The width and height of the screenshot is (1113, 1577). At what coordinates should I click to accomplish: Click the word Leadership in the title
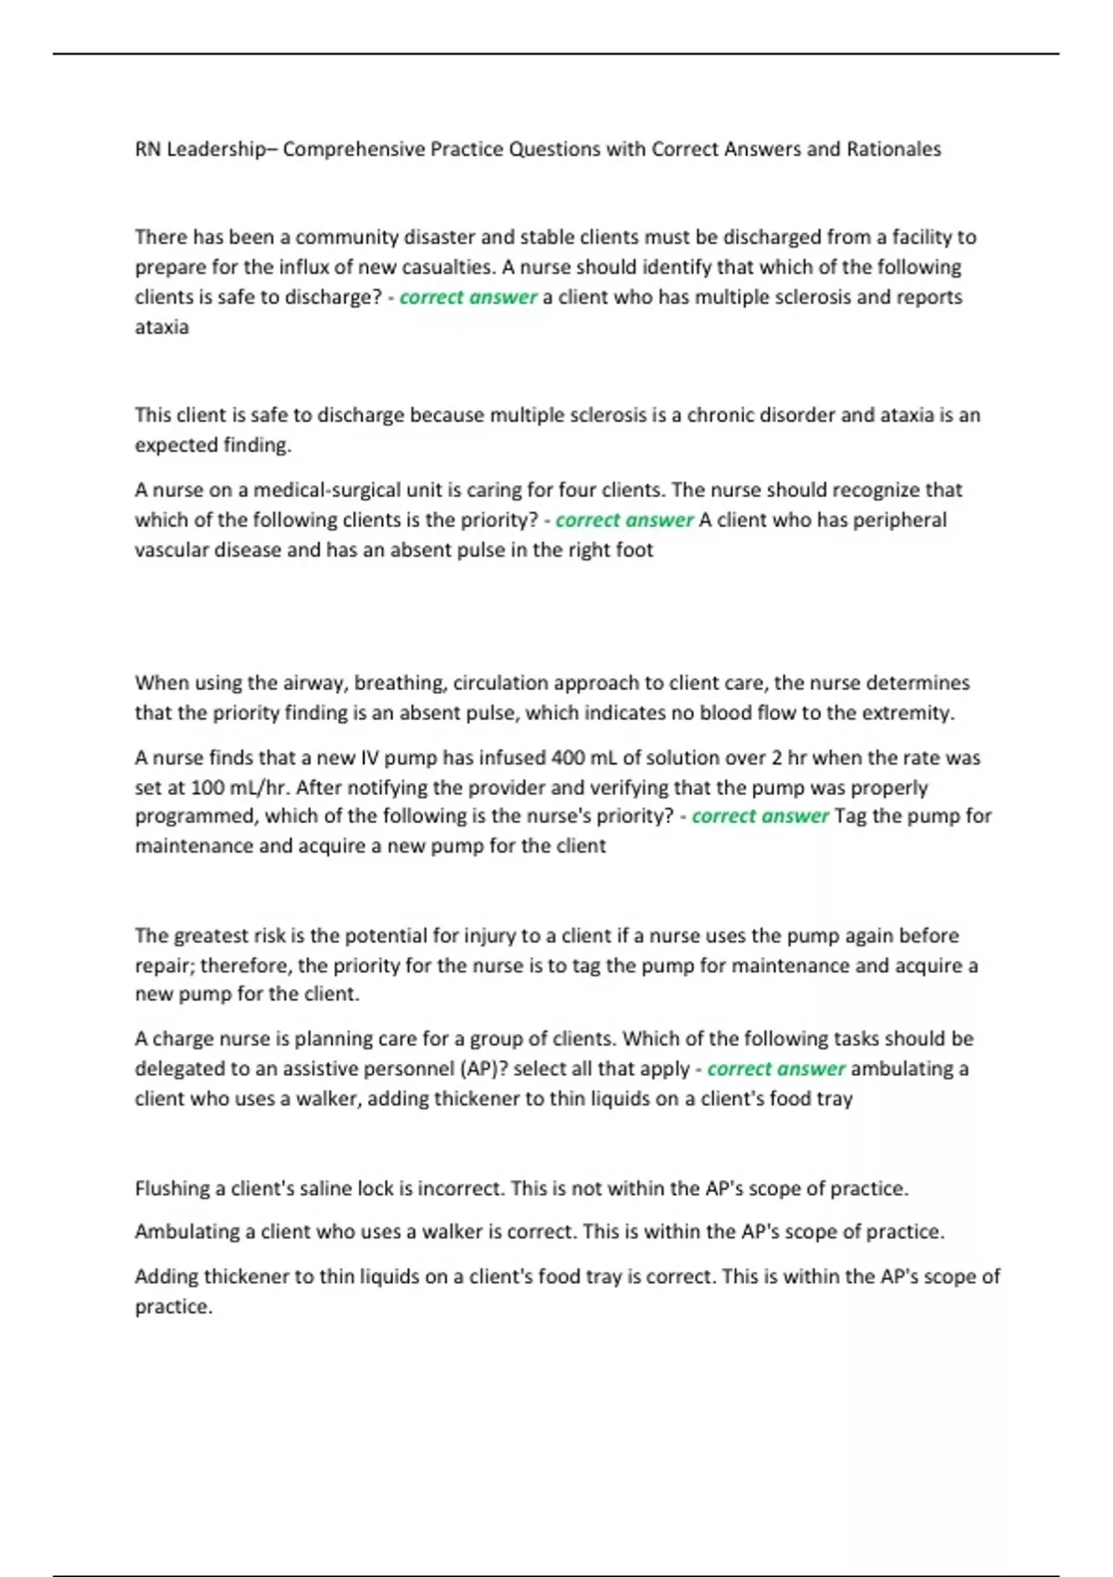215,149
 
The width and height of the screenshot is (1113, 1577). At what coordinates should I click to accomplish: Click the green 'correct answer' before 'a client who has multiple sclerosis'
467,297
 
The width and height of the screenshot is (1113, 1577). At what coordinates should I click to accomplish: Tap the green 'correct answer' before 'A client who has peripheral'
624,519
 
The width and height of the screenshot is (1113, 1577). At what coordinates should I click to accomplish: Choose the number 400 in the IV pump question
568,757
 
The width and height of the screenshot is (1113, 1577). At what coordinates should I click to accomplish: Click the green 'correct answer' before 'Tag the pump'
760,816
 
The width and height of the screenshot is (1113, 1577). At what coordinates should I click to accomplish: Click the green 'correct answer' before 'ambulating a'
775,1069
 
